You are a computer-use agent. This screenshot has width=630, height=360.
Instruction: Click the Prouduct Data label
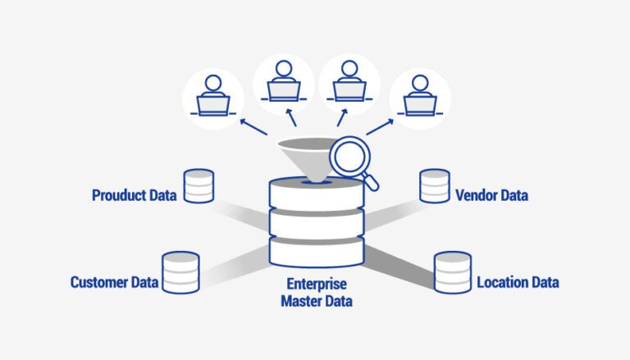point(134,197)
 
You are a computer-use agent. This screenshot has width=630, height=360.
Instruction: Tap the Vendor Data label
point(491,196)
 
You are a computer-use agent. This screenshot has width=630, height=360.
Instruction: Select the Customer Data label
point(112,283)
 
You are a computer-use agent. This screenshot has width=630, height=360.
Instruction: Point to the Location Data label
point(518,283)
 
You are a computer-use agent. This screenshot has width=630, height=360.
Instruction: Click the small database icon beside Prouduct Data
point(199,187)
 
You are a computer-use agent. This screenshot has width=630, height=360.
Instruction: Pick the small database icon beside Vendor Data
point(434,186)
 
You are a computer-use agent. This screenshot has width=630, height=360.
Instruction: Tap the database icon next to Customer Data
point(180,272)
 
